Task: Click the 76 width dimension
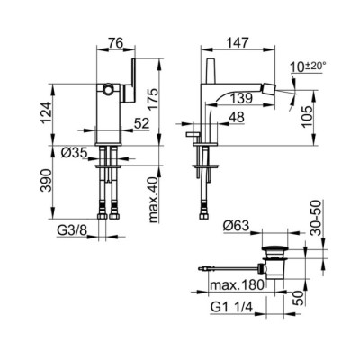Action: coord(116,43)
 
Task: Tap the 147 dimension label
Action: coord(238,42)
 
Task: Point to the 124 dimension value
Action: coord(46,112)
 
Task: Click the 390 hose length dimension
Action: coord(46,181)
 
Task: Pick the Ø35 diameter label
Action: coord(74,153)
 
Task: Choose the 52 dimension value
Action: coord(141,124)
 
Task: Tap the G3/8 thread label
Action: coord(72,231)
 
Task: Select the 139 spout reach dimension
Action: coord(241,98)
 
